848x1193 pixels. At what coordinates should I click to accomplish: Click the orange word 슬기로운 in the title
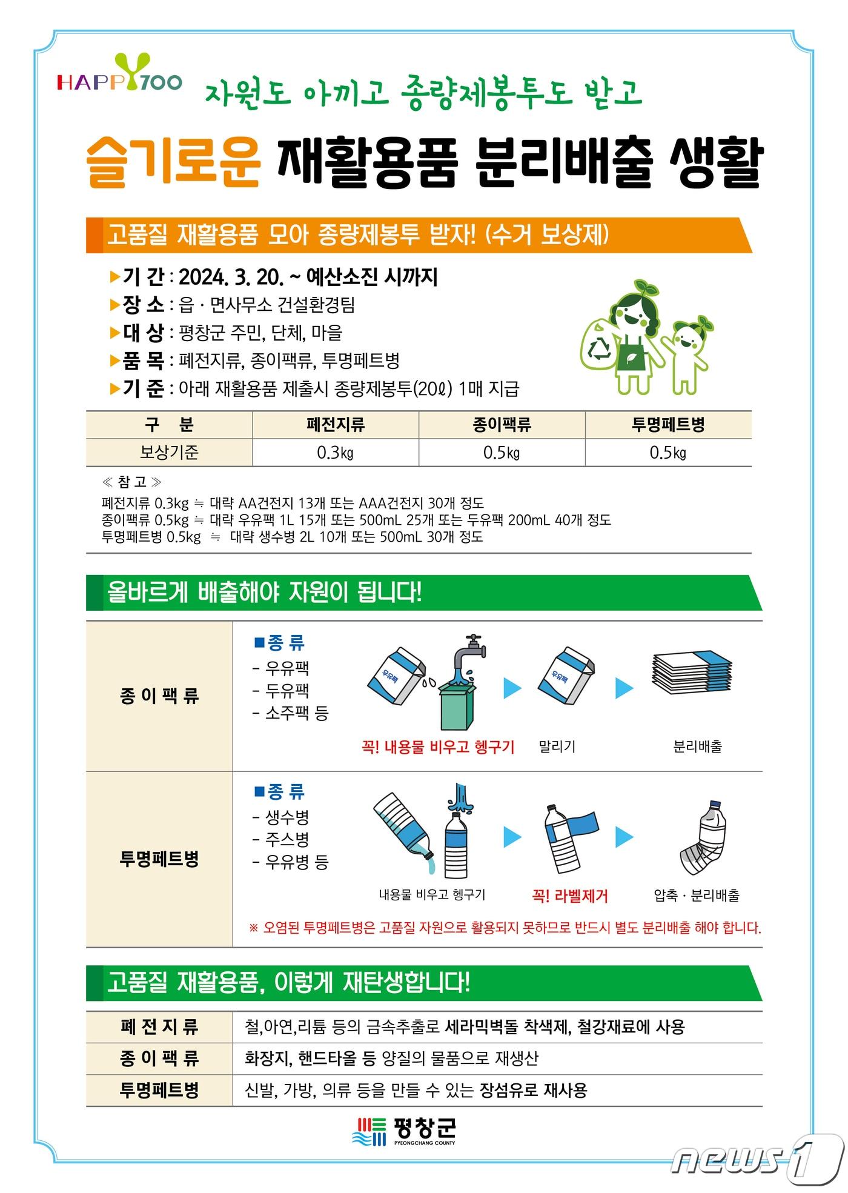pyautogui.click(x=174, y=162)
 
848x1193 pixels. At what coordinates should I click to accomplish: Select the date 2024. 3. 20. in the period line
pyautogui.click(x=231, y=277)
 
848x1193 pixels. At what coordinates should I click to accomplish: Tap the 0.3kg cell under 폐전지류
pyautogui.click(x=335, y=453)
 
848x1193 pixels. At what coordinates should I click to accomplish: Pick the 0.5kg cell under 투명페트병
pyautogui.click(x=667, y=453)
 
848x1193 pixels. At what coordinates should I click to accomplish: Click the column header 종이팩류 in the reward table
pyautogui.click(x=502, y=425)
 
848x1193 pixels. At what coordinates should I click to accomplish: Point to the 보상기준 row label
pyautogui.click(x=169, y=453)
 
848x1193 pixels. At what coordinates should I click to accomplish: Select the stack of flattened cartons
pyautogui.click(x=691, y=674)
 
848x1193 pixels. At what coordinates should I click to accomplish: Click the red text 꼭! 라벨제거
pyautogui.click(x=569, y=896)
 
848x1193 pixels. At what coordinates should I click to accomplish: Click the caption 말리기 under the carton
pyautogui.click(x=557, y=746)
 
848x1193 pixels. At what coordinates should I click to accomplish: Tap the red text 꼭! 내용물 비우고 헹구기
pyautogui.click(x=437, y=746)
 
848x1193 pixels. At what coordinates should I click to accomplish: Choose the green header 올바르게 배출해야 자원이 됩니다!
pyautogui.click(x=264, y=592)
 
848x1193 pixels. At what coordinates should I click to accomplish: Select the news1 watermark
pyautogui.click(x=757, y=1160)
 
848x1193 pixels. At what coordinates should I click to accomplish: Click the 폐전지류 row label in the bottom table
pyautogui.click(x=159, y=1027)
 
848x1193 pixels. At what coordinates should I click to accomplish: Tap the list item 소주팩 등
pyautogui.click(x=296, y=713)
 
